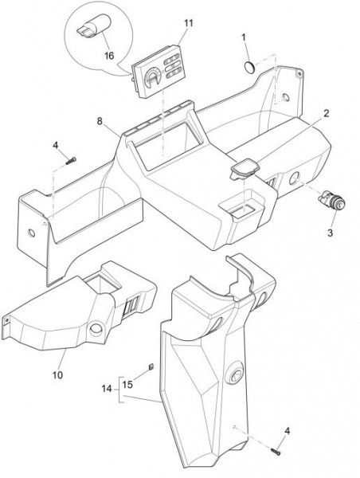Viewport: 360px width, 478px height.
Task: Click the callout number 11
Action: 189,23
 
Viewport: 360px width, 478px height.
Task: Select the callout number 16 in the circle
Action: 109,56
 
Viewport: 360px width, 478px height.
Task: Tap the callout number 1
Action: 244,37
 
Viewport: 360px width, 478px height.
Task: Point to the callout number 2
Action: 327,114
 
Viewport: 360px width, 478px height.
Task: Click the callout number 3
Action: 330,233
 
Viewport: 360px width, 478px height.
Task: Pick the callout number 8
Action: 100,121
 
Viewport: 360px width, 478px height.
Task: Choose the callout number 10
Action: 57,374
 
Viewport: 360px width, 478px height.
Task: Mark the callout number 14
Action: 107,389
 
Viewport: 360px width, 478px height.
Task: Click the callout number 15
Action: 127,385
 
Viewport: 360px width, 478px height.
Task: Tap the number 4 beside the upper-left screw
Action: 55,145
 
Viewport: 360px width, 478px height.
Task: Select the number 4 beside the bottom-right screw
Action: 288,431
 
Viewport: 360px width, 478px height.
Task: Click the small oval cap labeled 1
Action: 250,68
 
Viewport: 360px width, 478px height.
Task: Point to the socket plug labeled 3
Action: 331,201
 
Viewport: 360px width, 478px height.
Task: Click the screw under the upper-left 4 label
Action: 71,161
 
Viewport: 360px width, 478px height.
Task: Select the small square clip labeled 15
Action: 151,367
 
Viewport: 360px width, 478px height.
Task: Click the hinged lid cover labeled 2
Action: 245,169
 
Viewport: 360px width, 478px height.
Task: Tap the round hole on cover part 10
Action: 96,329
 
